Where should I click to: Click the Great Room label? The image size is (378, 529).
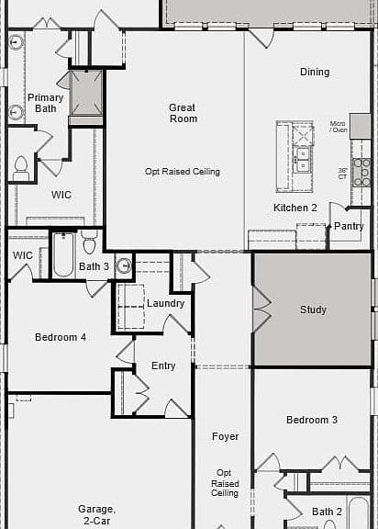(183, 113)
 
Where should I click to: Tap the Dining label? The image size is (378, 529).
(315, 72)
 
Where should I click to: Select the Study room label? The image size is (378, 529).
(313, 310)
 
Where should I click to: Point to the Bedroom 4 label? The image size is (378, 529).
(61, 337)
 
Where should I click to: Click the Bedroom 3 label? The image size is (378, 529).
(312, 420)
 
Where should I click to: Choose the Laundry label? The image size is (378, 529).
(165, 303)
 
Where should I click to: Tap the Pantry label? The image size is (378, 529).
(349, 226)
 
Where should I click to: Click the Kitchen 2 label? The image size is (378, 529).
(295, 208)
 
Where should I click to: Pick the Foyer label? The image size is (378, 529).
(225, 436)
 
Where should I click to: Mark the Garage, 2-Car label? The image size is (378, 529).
(96, 514)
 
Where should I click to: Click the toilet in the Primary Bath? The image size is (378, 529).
(21, 168)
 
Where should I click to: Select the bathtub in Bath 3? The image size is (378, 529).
(63, 254)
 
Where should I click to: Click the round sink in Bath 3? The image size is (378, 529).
(125, 265)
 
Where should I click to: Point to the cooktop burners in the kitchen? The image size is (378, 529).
(361, 173)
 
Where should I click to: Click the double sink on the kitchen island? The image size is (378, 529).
(303, 160)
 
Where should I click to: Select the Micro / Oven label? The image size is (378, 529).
(339, 127)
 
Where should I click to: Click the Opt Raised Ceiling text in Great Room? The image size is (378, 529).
(183, 172)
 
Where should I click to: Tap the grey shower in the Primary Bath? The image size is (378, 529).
(86, 93)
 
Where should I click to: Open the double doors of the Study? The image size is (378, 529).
(261, 310)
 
